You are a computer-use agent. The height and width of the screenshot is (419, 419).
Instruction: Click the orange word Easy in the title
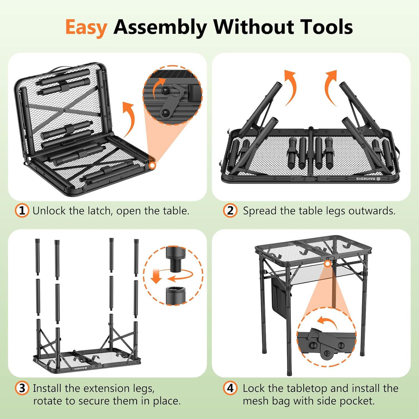click(x=86, y=28)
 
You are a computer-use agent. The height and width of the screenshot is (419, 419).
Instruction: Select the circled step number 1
click(x=22, y=211)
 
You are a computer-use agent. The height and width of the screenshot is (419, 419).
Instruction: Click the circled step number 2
click(x=230, y=211)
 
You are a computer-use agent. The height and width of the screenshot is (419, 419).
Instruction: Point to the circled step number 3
click(x=22, y=388)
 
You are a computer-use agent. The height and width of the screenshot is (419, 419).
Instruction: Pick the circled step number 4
click(x=230, y=388)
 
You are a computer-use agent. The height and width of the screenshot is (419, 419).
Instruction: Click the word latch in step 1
click(x=99, y=211)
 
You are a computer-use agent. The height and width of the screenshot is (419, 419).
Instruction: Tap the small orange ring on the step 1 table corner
click(x=152, y=166)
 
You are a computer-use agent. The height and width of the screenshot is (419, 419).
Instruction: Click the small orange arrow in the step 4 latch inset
click(x=328, y=322)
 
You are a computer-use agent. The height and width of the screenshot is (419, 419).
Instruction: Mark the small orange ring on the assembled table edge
click(x=328, y=264)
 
